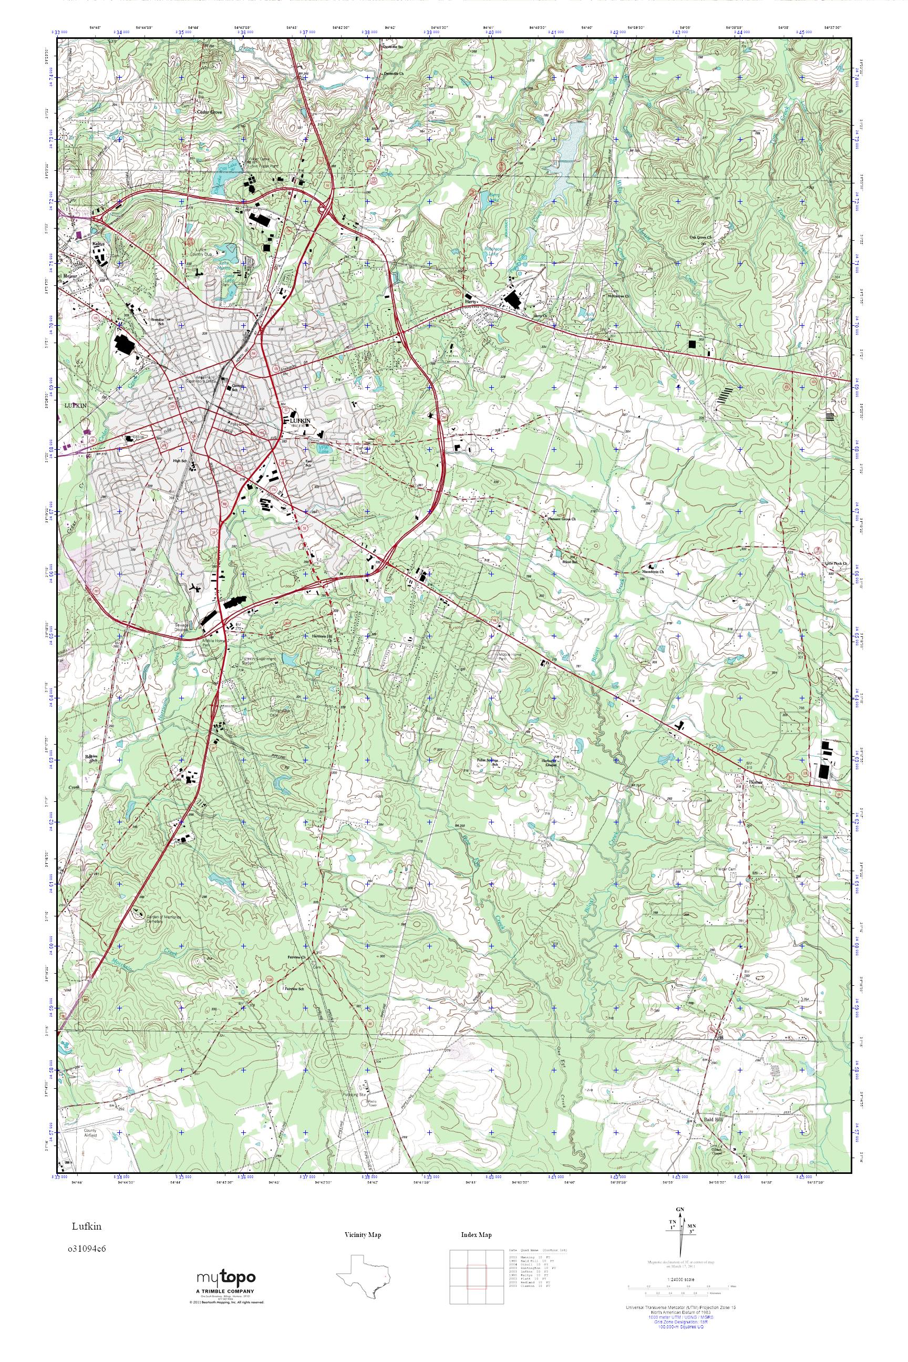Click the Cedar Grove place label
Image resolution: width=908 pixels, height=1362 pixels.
coord(210,112)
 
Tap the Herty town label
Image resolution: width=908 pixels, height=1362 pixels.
coord(470,302)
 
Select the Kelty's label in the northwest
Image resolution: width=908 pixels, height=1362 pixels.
coord(96,244)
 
